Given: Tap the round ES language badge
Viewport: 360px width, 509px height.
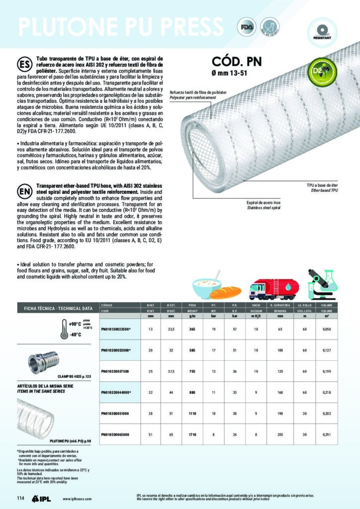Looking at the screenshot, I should pyautogui.click(x=24, y=65).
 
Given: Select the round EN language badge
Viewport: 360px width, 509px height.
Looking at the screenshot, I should pyautogui.click(x=24, y=191).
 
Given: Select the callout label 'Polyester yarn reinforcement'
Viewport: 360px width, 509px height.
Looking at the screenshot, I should pyautogui.click(x=193, y=98).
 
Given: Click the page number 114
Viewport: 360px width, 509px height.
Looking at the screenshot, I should pyautogui.click(x=20, y=498).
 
